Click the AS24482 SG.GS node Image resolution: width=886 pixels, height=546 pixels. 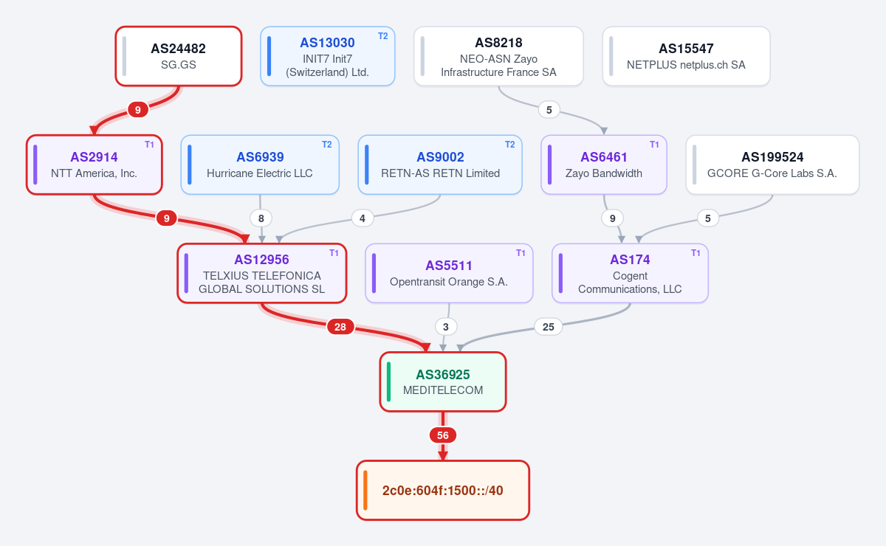coord(179,56)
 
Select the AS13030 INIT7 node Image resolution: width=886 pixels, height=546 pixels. coord(328,56)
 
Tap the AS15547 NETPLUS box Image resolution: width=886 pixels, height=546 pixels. coord(686,56)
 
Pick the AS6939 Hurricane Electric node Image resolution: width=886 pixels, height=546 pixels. coord(260,165)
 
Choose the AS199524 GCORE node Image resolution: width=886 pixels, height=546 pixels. coord(772,165)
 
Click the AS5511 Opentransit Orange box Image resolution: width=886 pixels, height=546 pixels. coord(449,273)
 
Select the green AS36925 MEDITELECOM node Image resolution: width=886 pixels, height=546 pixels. coord(443,382)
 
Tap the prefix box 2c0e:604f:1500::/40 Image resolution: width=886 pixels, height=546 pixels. coord(443,490)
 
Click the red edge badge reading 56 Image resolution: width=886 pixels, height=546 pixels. coord(443,435)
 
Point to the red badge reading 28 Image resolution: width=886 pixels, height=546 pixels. coord(340,327)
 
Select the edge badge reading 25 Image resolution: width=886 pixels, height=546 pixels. coord(548,327)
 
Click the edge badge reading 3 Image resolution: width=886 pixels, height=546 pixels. coord(446,327)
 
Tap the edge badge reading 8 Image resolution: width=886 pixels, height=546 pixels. coord(261,218)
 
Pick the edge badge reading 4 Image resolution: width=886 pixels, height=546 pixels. coord(363,218)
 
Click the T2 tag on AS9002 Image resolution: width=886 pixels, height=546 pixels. coord(510,145)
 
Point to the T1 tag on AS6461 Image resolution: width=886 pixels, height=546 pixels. coord(654,145)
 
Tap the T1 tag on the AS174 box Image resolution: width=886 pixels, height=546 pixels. coord(696,253)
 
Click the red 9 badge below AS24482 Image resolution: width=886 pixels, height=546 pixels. coord(137,110)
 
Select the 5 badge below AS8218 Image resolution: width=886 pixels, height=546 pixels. coord(549,110)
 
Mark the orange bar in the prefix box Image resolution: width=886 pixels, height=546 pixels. coord(365,490)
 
